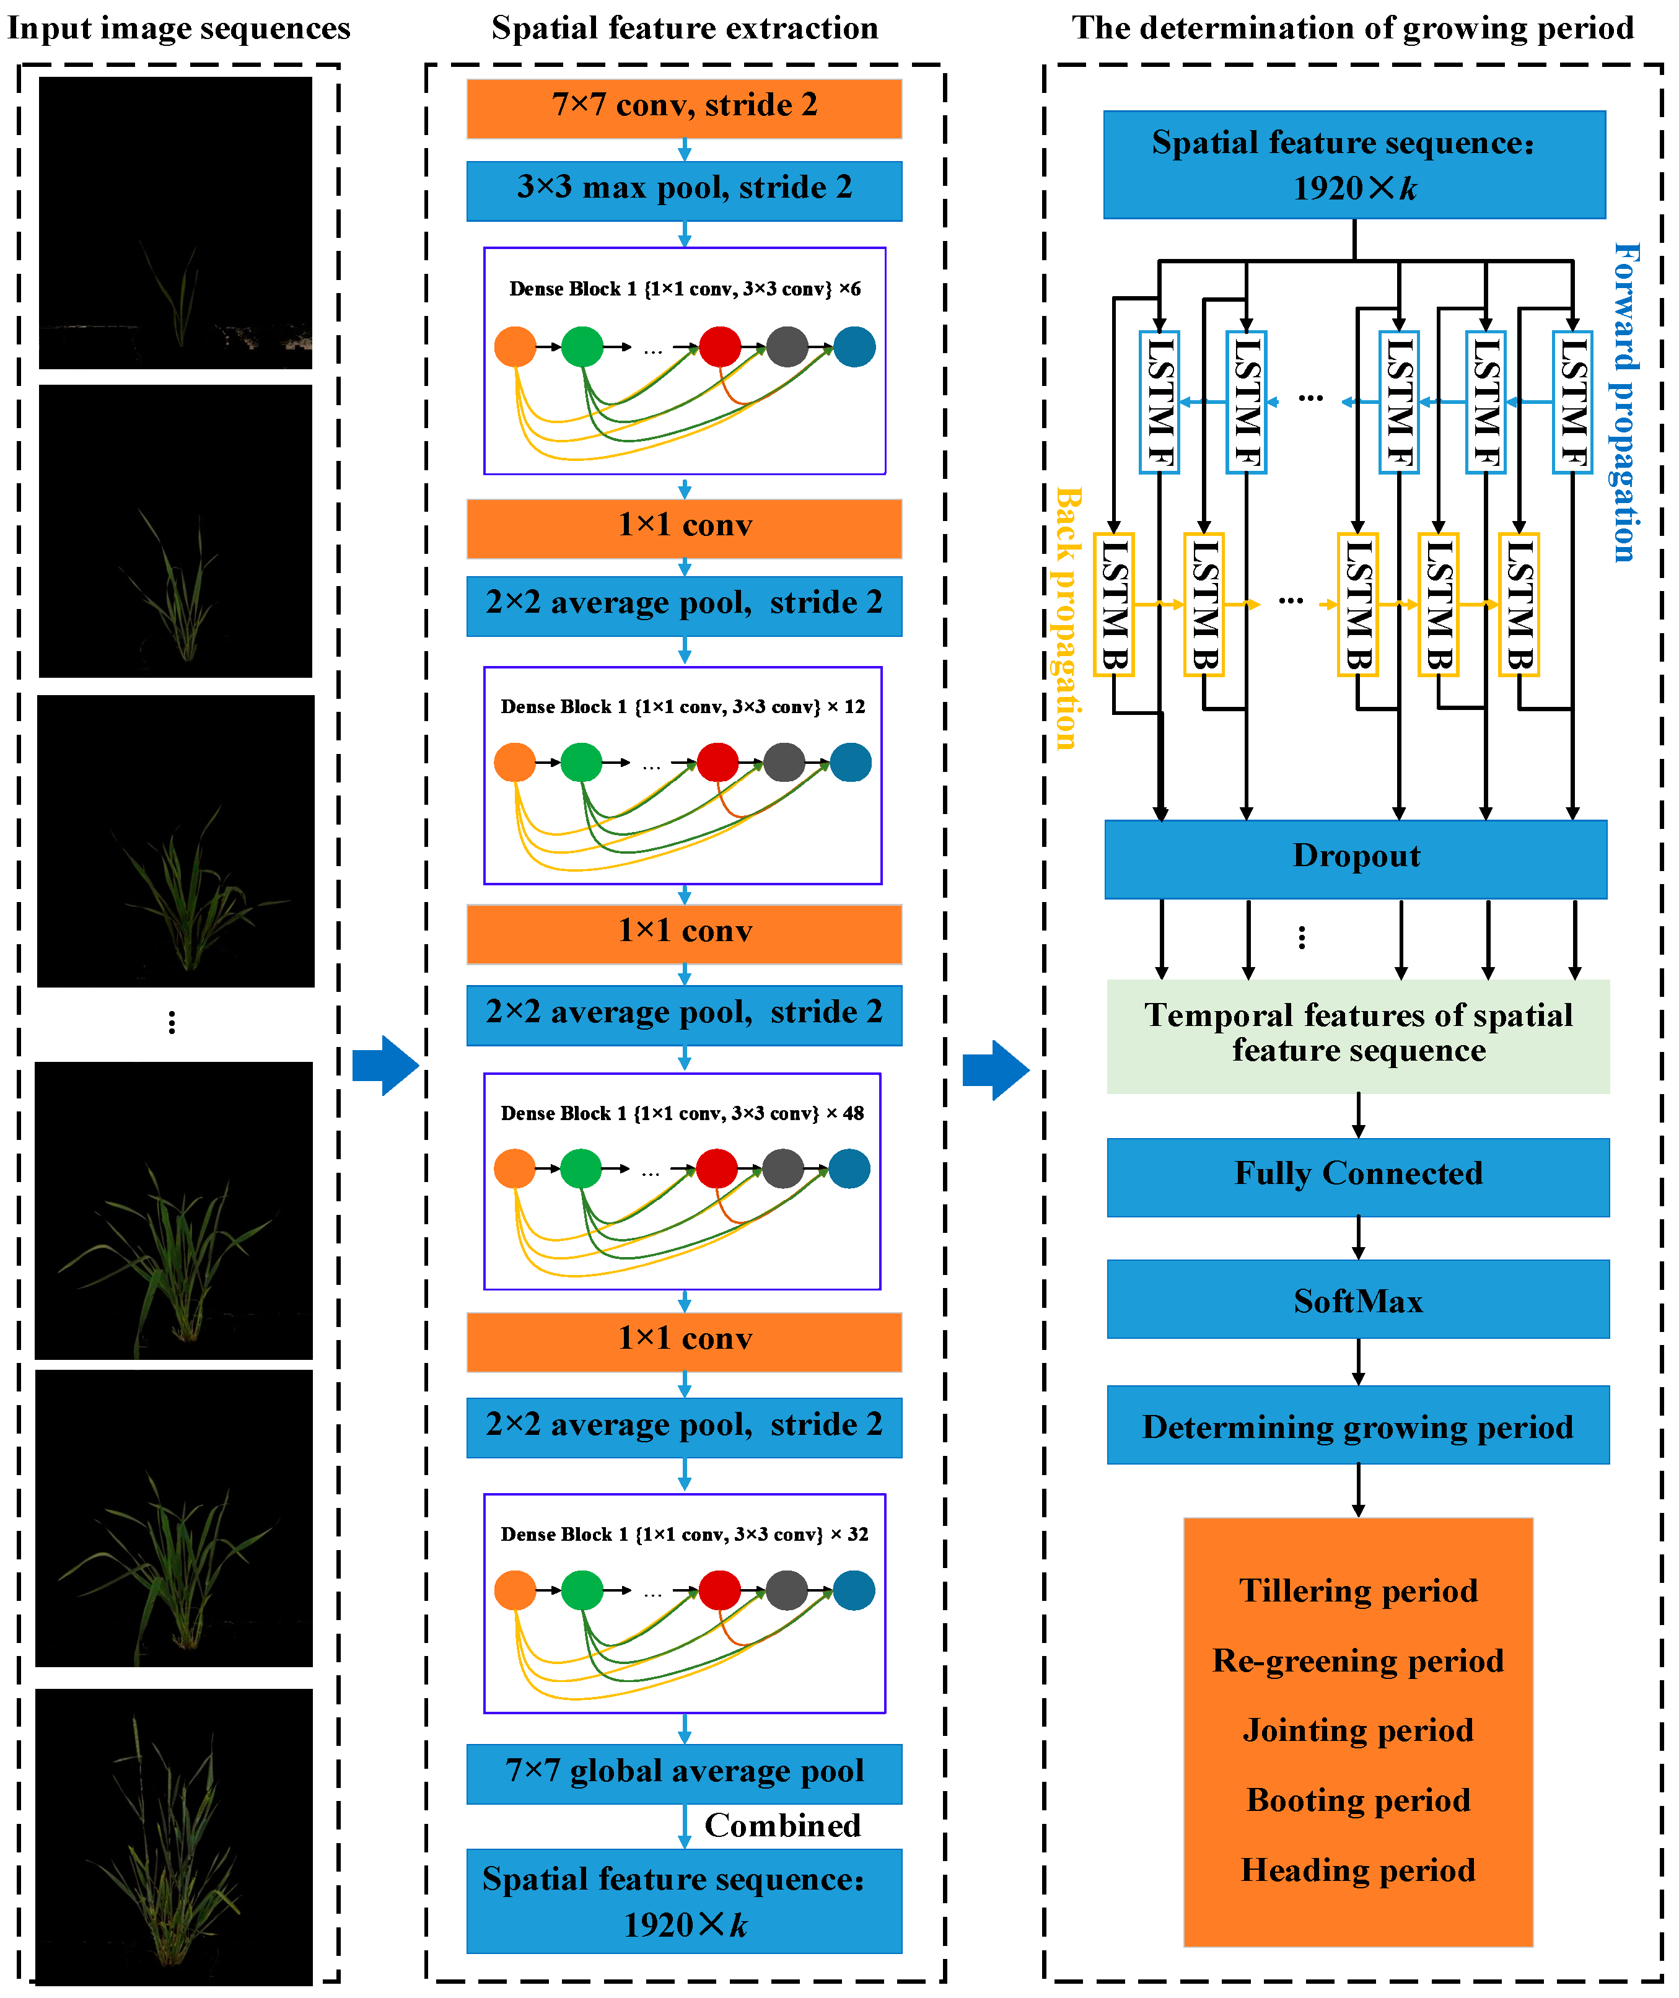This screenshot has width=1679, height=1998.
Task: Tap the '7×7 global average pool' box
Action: pyautogui.click(x=683, y=1772)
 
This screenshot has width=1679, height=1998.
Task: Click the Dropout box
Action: pyautogui.click(x=1356, y=857)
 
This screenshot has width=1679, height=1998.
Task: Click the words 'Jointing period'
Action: pyautogui.click(x=1357, y=1730)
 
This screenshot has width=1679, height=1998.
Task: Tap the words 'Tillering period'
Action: pyautogui.click(x=1357, y=1590)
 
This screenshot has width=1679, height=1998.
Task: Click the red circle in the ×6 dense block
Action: pyautogui.click(x=719, y=346)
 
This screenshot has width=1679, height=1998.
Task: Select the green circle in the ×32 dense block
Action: pyautogui.click(x=582, y=1590)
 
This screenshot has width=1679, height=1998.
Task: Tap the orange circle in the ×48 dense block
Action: pyautogui.click(x=515, y=1169)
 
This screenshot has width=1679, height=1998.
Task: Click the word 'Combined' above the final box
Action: pyautogui.click(x=783, y=1825)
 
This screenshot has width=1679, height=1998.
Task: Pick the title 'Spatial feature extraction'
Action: pyautogui.click(x=685, y=28)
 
